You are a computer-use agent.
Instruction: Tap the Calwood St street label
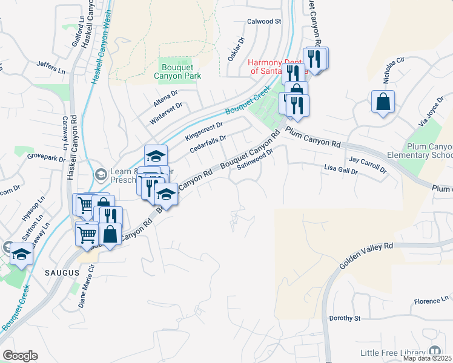tap(264, 21)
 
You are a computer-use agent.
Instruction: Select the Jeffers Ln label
tap(51, 67)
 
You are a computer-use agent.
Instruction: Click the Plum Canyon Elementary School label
tap(422, 151)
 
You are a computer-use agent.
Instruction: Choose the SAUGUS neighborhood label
tap(62, 273)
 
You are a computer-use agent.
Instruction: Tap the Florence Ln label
tap(431, 301)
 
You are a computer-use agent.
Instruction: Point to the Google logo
tap(20, 356)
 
